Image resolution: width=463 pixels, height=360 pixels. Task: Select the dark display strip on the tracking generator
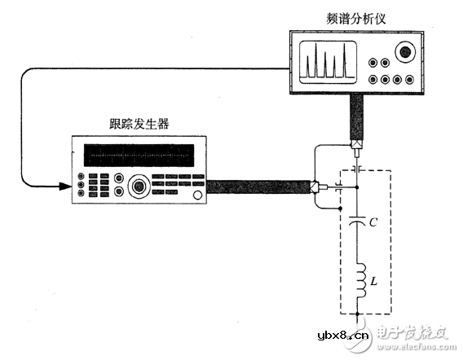tap(139, 155)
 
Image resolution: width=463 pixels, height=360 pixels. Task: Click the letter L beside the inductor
tap(373, 281)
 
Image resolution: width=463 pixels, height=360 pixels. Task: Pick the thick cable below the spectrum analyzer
tap(356, 117)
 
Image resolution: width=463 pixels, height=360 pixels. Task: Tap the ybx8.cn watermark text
tap(342, 335)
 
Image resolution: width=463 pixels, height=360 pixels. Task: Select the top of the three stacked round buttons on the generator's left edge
tap(82, 174)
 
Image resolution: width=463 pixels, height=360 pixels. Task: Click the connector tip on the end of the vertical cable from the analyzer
tap(357, 149)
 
